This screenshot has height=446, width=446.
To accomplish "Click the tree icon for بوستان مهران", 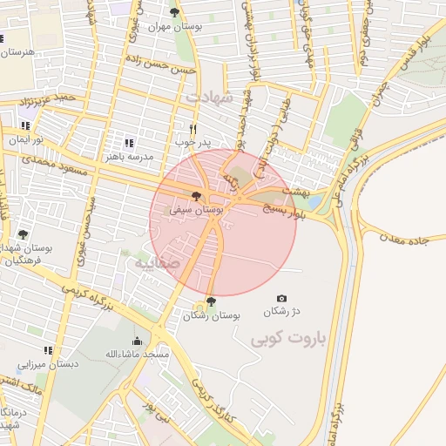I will [x=174, y=12].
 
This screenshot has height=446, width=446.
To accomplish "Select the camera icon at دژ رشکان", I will [x=280, y=298].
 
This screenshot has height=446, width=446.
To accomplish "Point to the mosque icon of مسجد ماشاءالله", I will [x=137, y=341].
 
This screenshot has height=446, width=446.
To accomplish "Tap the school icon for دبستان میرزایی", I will [x=48, y=350].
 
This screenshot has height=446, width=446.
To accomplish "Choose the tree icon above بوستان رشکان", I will [x=210, y=301].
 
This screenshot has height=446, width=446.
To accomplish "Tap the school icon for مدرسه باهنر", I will [x=129, y=143].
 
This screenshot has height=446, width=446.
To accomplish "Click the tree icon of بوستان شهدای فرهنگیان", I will [x=23, y=234].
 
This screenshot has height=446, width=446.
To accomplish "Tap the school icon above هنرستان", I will [x=2, y=38].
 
